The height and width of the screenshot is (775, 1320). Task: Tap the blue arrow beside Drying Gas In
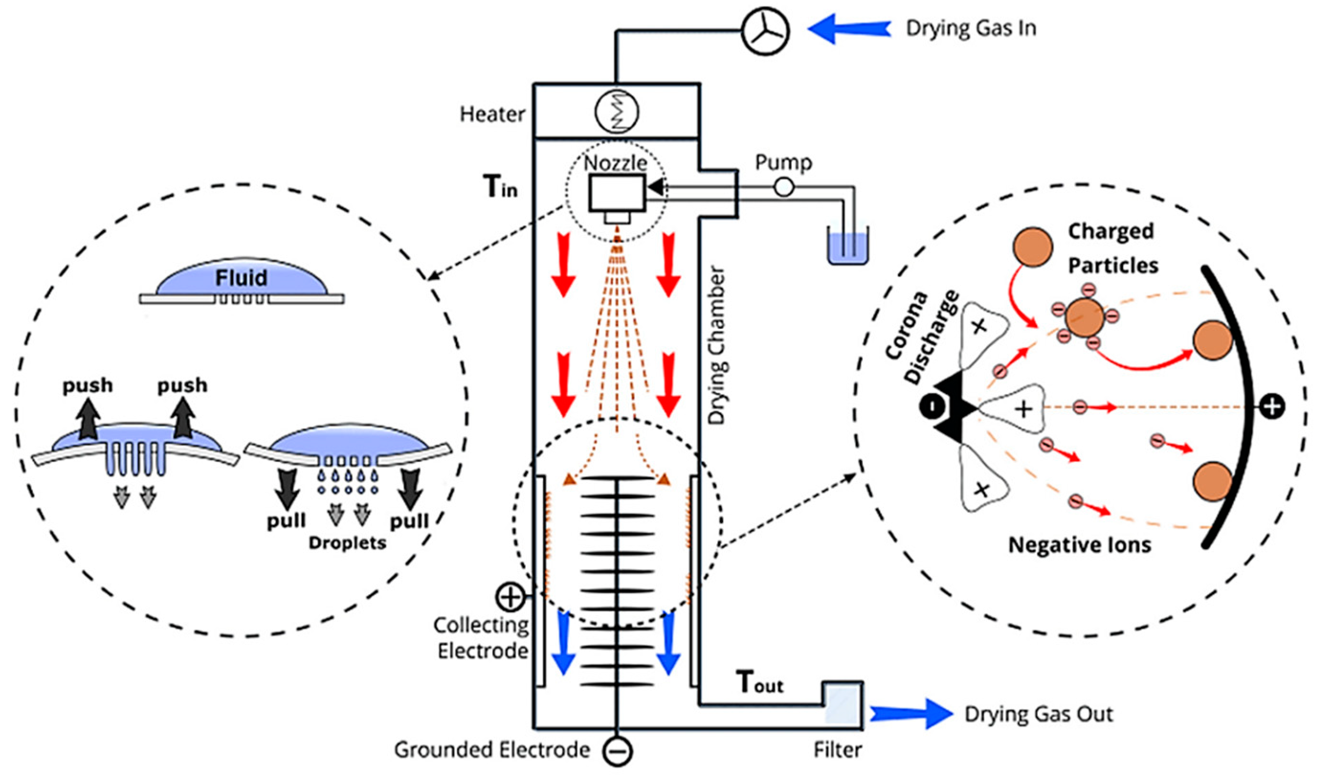pos(849,28)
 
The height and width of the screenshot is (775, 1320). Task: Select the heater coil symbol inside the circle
pos(617,112)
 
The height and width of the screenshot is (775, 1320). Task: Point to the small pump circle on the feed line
pos(784,187)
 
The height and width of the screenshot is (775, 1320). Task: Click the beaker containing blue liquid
pos(847,246)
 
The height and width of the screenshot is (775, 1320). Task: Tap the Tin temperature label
pos(500,187)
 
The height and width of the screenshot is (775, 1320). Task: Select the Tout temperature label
pos(760,682)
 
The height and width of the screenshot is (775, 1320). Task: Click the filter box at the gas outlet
pos(843,705)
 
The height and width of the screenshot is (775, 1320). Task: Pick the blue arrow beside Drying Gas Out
pos(911,714)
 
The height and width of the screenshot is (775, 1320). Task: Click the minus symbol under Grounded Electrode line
pos(618,752)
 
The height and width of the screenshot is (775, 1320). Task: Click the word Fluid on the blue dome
pos(242,278)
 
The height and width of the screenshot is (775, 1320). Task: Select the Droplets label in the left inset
pos(347,543)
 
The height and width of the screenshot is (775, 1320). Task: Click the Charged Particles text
pos(1112,248)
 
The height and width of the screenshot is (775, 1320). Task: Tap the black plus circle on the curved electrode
pos(1272,406)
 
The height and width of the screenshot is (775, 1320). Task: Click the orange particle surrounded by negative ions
pos(1084,317)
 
